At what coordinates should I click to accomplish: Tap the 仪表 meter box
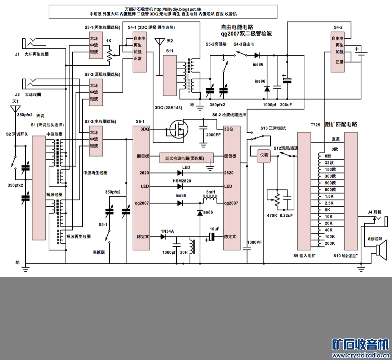tap(264, 155)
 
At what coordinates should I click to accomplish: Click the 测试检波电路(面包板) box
tap(187, 158)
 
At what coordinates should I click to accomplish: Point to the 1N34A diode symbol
tap(163, 237)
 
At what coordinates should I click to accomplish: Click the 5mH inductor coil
tap(210, 198)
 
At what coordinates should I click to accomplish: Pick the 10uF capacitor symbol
tap(212, 237)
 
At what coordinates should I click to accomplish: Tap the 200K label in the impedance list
tap(329, 243)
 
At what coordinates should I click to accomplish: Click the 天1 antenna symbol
tap(15, 109)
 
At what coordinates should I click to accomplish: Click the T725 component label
tap(315, 124)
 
